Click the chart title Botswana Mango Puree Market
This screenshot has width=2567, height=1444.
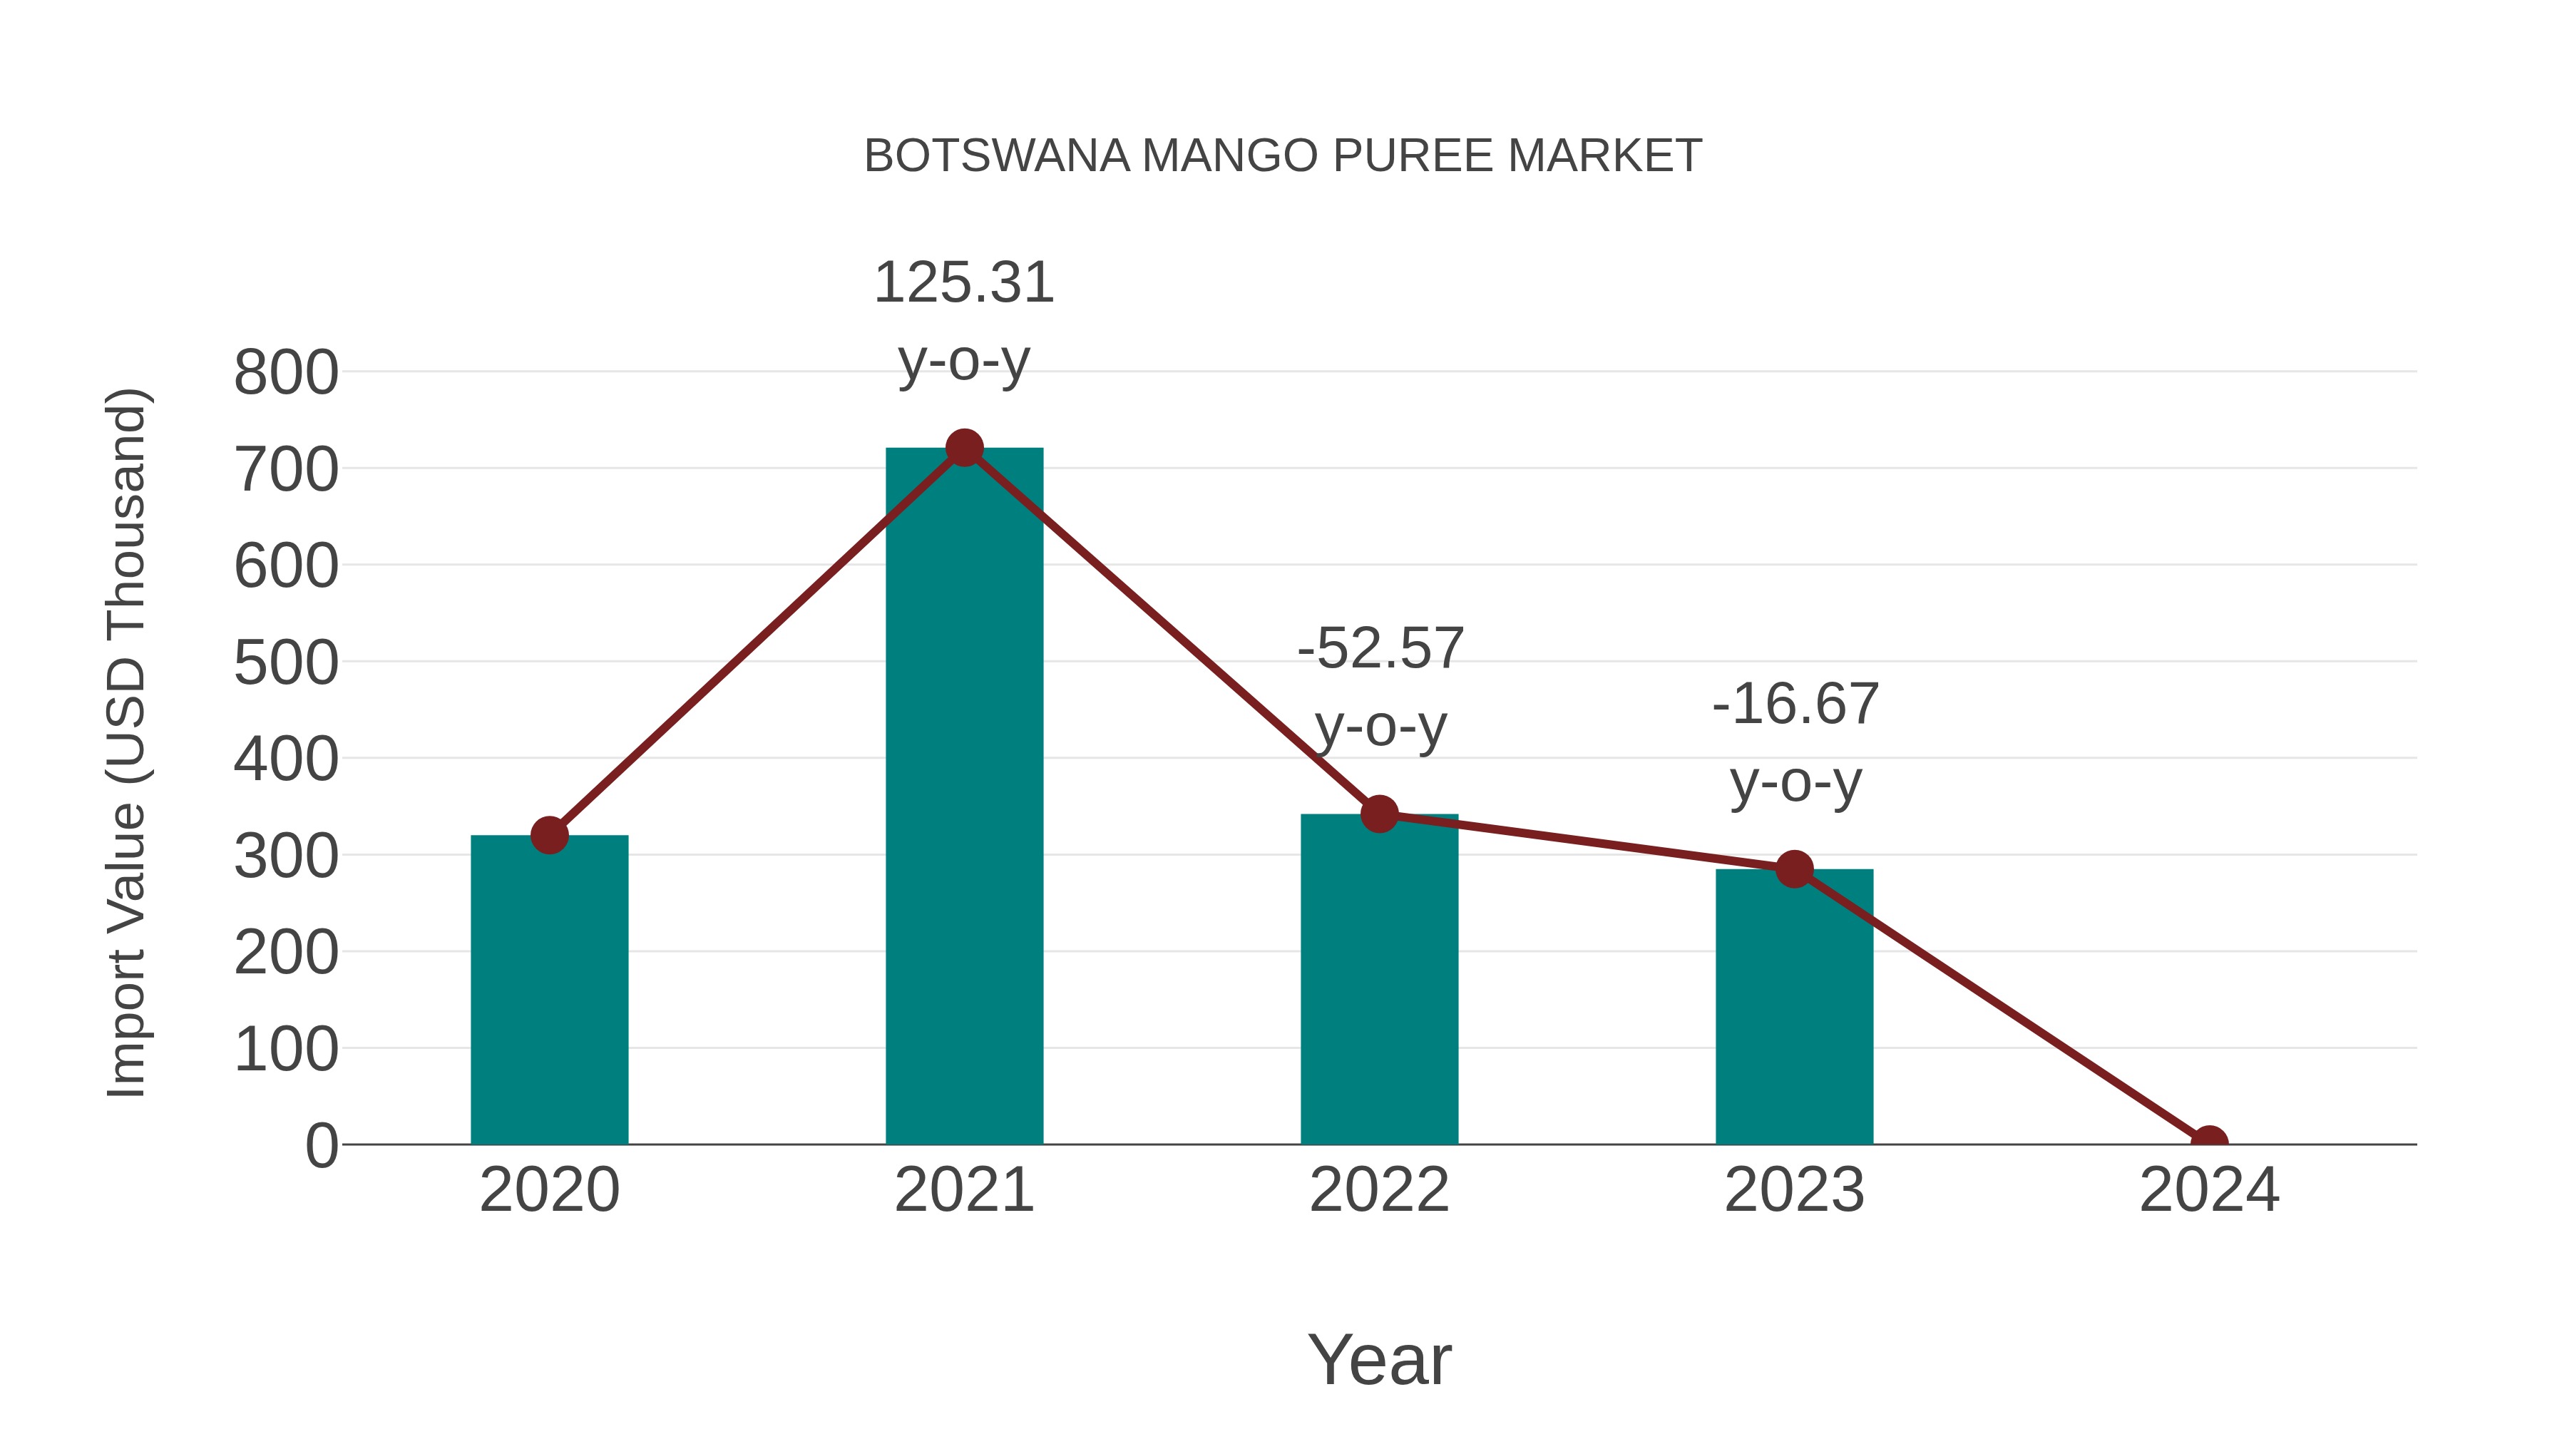pyautogui.click(x=1283, y=156)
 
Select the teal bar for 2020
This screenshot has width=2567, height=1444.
pyautogui.click(x=549, y=997)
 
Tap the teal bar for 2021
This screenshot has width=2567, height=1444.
pyautogui.click(x=963, y=797)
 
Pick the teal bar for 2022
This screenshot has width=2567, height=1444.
pyautogui.click(x=1379, y=987)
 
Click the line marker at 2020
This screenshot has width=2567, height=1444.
pyautogui.click(x=549, y=835)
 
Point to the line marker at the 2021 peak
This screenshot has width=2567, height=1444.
pyautogui.click(x=963, y=449)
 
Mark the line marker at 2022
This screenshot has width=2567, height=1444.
pyautogui.click(x=1379, y=814)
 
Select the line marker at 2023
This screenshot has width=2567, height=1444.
pyautogui.click(x=1794, y=869)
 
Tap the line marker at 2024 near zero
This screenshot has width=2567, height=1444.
pyautogui.click(x=2209, y=1142)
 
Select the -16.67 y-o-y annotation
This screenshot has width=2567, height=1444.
pyautogui.click(x=1795, y=742)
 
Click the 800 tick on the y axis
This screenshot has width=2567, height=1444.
pyautogui.click(x=286, y=374)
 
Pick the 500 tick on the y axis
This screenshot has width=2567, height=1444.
pyautogui.click(x=286, y=664)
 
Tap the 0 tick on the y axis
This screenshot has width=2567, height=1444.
pyautogui.click(x=321, y=1146)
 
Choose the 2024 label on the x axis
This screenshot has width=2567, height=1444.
pyautogui.click(x=2209, y=1190)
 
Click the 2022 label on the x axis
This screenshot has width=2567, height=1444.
pyautogui.click(x=1379, y=1190)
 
